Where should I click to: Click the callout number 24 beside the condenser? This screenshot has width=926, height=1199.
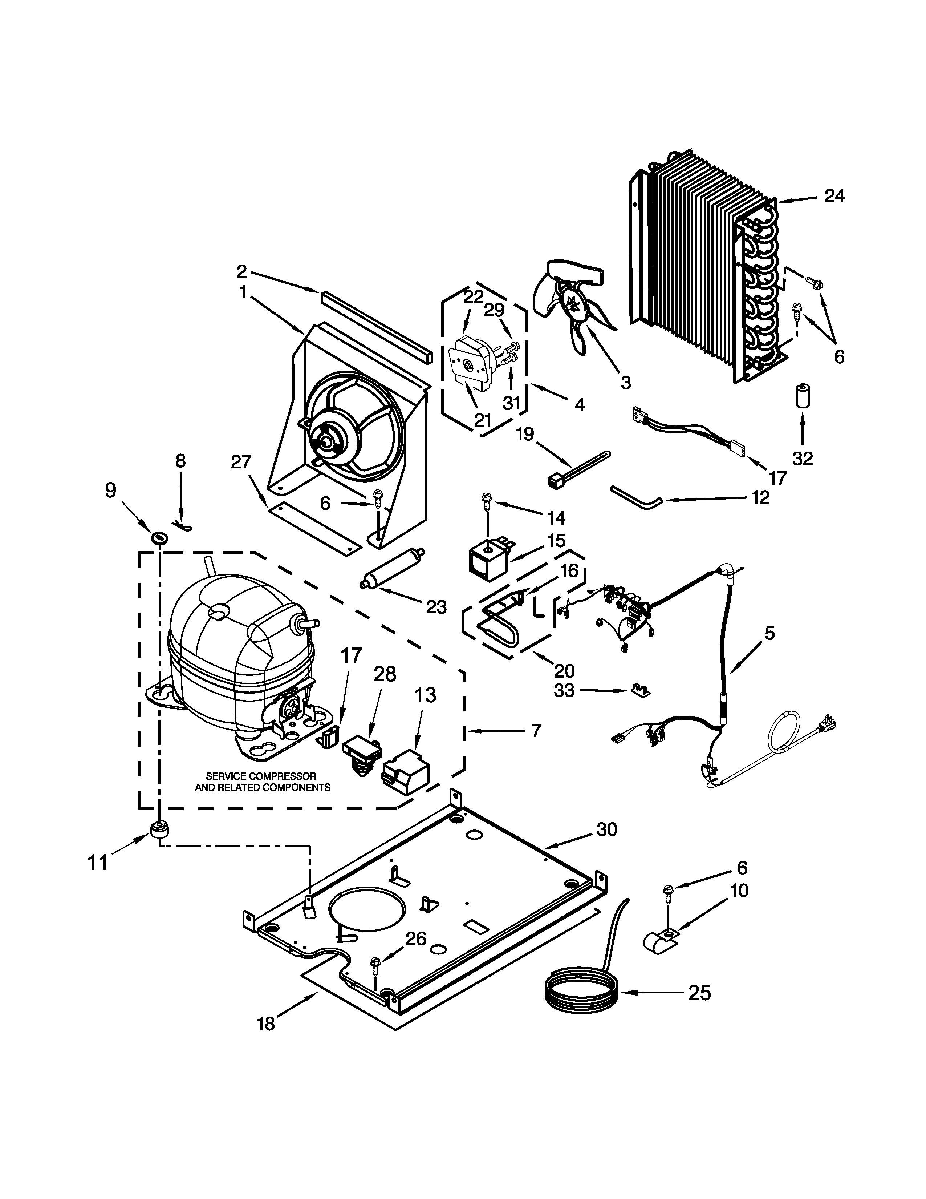click(834, 196)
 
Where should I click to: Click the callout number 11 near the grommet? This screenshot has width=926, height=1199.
click(98, 863)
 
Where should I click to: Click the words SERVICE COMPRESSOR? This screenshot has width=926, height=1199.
click(261, 776)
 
